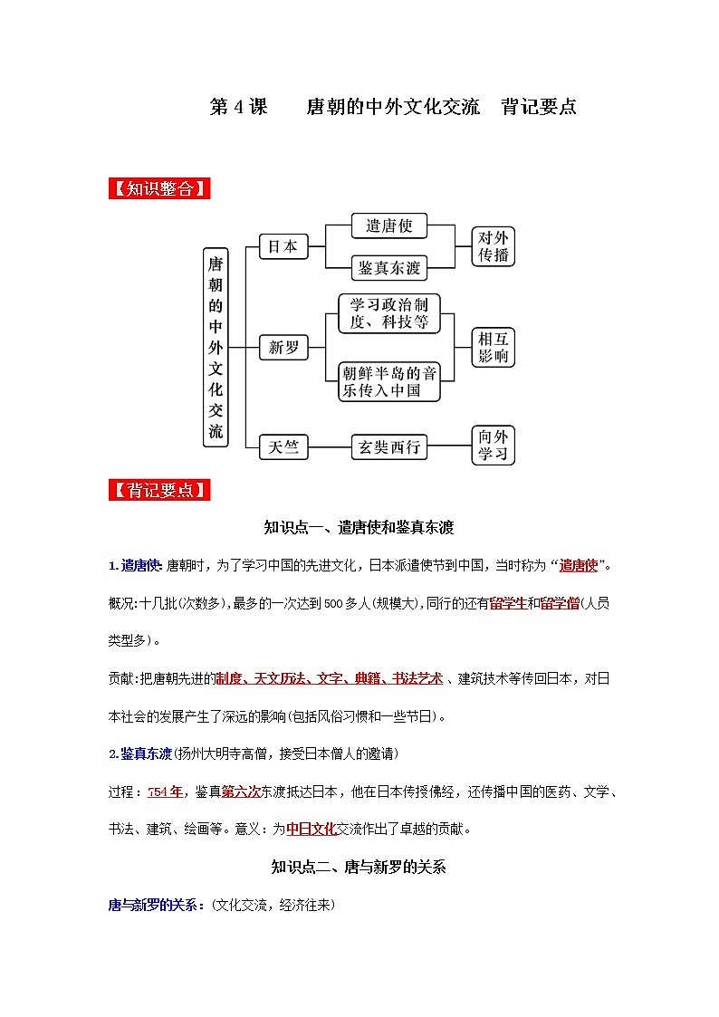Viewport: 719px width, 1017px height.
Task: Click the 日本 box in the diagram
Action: point(283,246)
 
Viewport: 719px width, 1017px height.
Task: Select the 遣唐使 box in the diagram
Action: point(388,225)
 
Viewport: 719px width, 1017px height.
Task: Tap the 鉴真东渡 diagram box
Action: point(388,267)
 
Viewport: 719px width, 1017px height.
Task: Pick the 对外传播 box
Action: point(494,246)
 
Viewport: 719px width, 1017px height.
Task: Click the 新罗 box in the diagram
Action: point(283,347)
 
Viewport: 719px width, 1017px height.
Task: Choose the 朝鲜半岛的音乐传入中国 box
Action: point(388,381)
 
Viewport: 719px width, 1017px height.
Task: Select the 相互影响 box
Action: point(494,347)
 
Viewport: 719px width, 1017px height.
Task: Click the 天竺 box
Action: point(283,447)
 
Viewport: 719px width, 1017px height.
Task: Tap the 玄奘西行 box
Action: point(388,446)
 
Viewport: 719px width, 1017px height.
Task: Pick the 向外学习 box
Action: point(494,446)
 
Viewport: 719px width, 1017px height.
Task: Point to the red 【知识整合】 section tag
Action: point(159,189)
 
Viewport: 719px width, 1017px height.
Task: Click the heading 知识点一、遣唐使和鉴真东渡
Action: point(359,527)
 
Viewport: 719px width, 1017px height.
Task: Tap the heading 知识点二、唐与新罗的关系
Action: point(359,867)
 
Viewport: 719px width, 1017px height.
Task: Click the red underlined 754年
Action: point(165,792)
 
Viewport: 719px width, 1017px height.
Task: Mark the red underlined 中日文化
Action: point(311,828)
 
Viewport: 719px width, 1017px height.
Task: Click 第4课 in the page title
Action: point(238,107)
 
